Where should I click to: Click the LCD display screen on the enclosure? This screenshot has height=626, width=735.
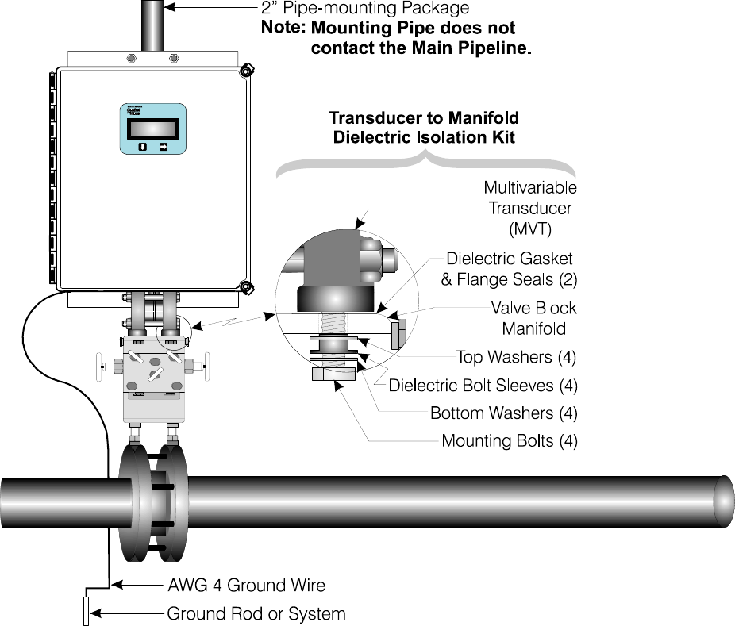[152, 129]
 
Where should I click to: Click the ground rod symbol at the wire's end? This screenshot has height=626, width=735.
[86, 612]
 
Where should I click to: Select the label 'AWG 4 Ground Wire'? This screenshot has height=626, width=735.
[246, 586]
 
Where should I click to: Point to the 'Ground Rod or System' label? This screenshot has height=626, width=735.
[256, 613]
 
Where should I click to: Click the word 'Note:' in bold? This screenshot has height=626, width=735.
[283, 29]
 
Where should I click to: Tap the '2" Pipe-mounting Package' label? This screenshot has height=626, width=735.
[364, 9]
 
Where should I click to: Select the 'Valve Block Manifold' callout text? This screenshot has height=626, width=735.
[533, 317]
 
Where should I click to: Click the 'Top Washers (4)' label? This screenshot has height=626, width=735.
[516, 358]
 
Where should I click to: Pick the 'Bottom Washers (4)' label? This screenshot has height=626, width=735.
[503, 413]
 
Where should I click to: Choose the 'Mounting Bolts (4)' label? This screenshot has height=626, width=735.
[509, 441]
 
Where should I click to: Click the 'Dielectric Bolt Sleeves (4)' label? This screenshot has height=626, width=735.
[483, 386]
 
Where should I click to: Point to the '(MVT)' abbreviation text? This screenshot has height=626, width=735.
[533, 229]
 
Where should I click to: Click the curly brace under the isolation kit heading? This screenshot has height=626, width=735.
[425, 163]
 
